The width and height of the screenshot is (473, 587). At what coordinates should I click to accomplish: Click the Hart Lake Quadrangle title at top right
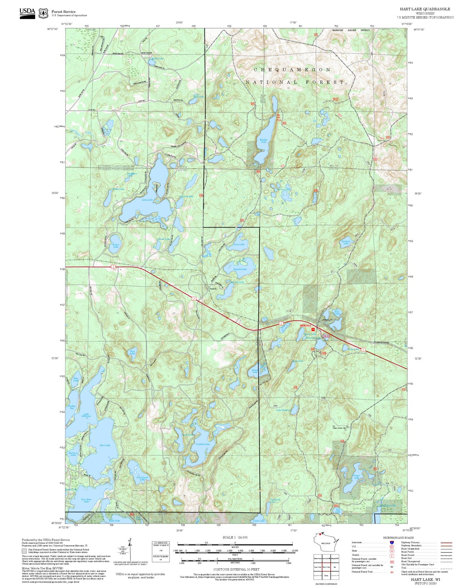(425, 9)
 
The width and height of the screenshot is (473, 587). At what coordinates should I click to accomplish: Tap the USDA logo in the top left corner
(27, 12)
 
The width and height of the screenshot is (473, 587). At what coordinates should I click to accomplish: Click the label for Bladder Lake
(264, 141)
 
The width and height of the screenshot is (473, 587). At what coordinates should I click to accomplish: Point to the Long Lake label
(147, 200)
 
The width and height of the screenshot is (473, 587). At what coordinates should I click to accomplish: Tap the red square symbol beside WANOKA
(313, 329)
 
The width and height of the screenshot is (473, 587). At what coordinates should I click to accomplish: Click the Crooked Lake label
(203, 444)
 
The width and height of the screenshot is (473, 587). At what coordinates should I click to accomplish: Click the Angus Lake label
(116, 245)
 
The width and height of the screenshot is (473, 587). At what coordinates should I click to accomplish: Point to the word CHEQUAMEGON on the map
(292, 70)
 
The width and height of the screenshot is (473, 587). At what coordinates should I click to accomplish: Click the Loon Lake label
(239, 244)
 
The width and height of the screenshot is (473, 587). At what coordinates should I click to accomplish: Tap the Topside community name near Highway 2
(213, 289)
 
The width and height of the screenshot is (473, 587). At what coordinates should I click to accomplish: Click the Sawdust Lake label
(346, 242)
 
